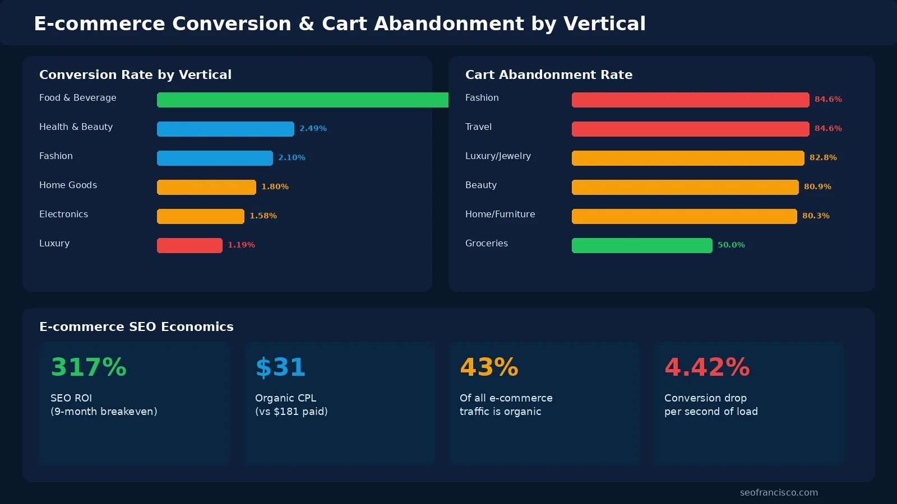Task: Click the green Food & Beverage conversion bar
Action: click(303, 100)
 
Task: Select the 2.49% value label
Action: click(313, 128)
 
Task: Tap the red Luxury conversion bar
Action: click(189, 245)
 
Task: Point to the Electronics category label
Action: click(63, 214)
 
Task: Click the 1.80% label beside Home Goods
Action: click(275, 186)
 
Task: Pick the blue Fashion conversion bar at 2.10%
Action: click(215, 158)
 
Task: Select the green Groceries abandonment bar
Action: click(642, 245)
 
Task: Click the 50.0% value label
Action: click(731, 245)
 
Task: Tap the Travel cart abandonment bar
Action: click(690, 129)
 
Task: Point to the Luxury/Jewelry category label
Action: click(498, 156)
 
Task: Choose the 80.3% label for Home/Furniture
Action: click(816, 216)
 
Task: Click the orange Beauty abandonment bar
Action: click(685, 187)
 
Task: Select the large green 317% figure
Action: click(89, 367)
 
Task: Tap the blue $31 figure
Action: click(280, 367)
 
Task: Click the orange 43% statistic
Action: click(489, 367)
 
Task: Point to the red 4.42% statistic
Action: click(707, 367)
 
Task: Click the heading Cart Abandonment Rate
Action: click(548, 74)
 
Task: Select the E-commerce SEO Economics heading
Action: click(136, 326)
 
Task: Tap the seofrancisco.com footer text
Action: click(779, 492)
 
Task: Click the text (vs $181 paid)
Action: click(291, 411)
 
